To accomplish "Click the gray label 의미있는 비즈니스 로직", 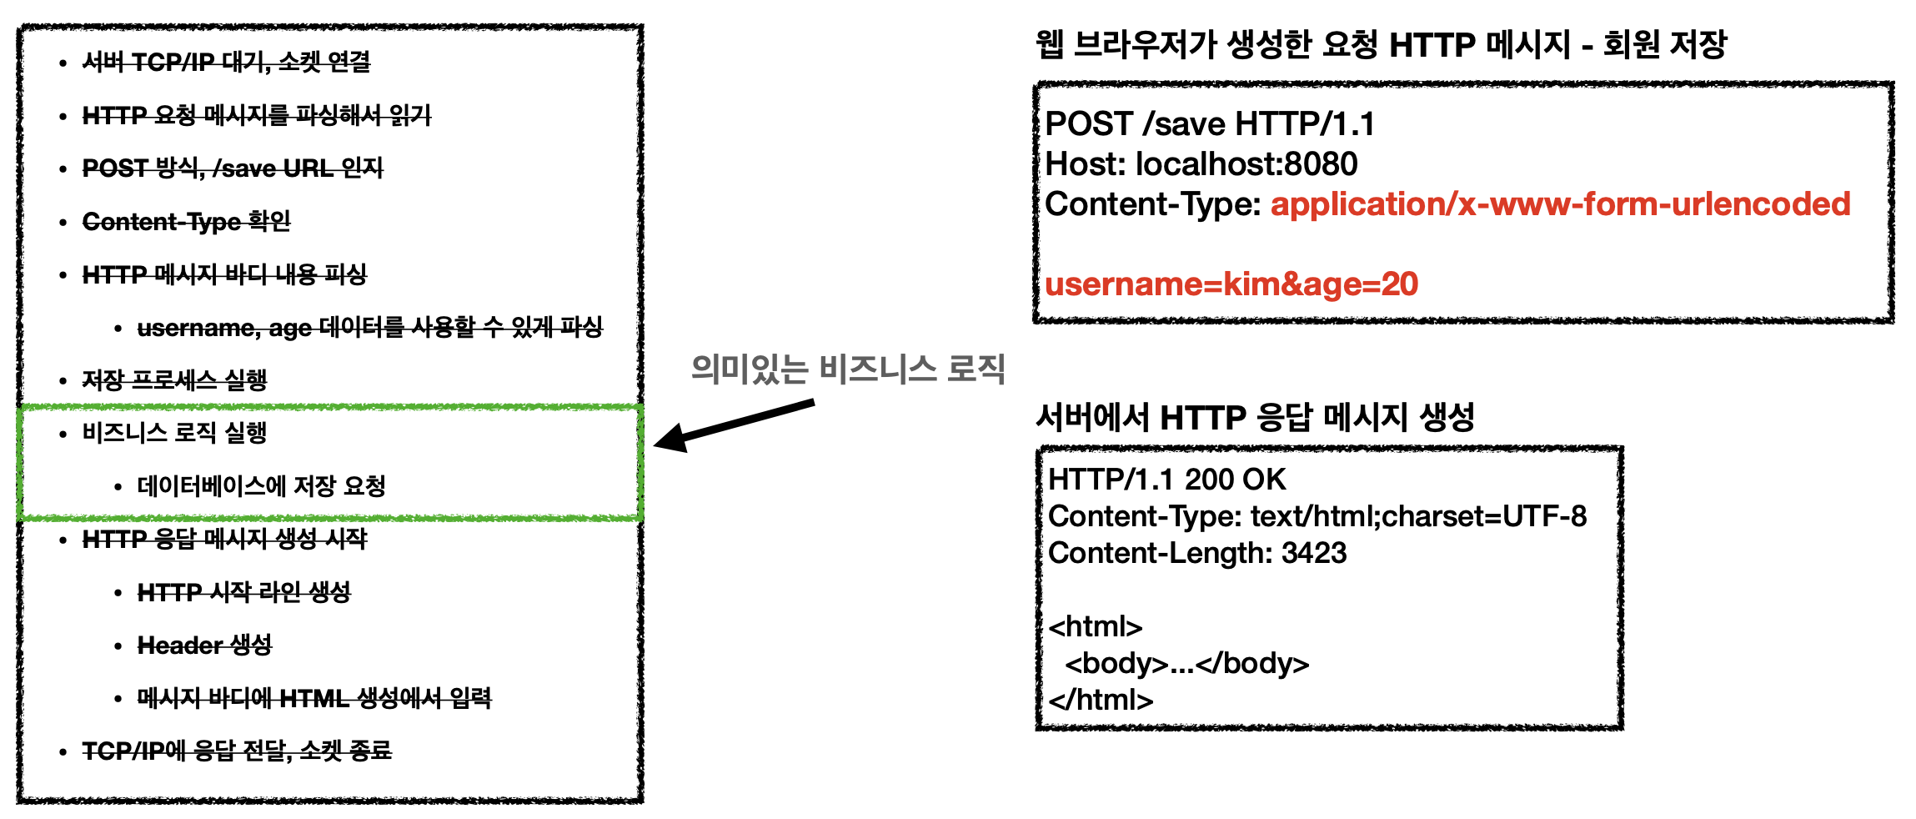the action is [x=847, y=369].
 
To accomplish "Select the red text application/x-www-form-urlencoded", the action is [x=1559, y=204].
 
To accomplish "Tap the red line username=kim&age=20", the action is [x=1231, y=284].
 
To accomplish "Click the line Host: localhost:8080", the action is [x=1201, y=164].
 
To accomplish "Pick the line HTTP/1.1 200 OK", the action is [x=1166, y=480].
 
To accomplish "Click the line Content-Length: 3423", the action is [x=1196, y=553].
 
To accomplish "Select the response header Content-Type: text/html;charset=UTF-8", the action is [x=1317, y=516].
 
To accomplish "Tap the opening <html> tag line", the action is [x=1095, y=626].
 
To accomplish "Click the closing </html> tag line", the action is [x=1101, y=700].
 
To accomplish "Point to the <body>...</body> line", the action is [x=1186, y=663].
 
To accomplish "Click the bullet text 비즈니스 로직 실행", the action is [x=174, y=433].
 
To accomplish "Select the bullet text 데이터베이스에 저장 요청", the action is [x=261, y=485].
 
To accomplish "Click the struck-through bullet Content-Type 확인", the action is [x=186, y=222].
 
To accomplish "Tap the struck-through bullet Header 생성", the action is [x=204, y=645].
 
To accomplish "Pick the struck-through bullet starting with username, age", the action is [x=369, y=327].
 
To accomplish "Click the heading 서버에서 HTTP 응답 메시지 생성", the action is [x=1255, y=417].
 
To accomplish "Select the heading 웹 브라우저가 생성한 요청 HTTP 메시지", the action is [x=1380, y=44].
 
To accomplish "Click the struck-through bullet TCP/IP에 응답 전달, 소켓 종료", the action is [x=237, y=751].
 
